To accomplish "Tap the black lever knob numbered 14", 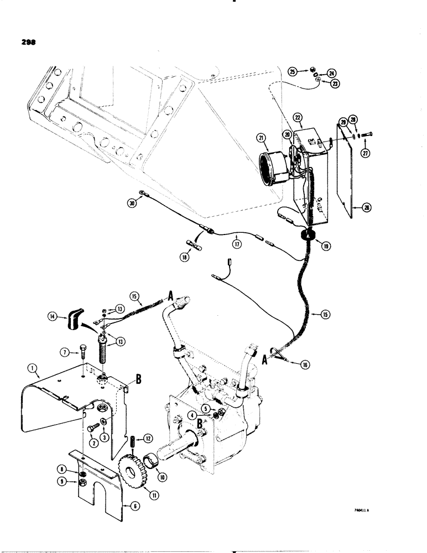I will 74,319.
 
